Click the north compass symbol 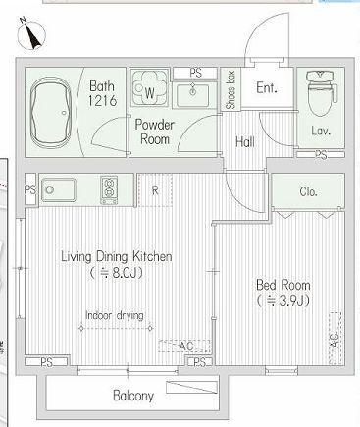(31, 33)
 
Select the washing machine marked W (149, 87)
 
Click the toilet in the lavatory (322, 93)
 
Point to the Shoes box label (231, 89)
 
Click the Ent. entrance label (267, 87)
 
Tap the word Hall (245, 142)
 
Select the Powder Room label (155, 132)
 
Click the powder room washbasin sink (193, 95)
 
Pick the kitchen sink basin (59, 190)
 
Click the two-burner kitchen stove (109, 190)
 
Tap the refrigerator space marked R (155, 190)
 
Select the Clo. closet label (308, 191)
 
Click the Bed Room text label (283, 285)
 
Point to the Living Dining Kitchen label (117, 256)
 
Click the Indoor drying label (115, 315)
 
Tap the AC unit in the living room (184, 347)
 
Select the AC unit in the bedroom (335, 339)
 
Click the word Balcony (133, 396)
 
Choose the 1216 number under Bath (102, 101)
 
